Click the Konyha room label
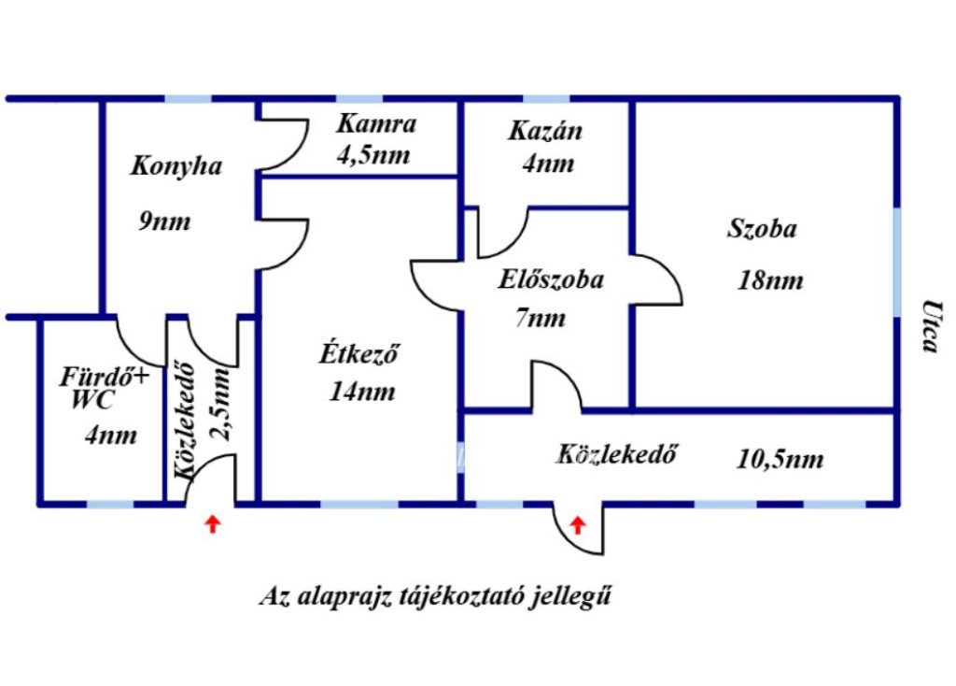pyautogui.click(x=176, y=166)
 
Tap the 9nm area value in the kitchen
pyautogui.click(x=164, y=221)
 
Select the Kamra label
pyautogui.click(x=376, y=124)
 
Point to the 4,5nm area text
pyautogui.click(x=373, y=155)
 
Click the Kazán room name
pyautogui.click(x=545, y=130)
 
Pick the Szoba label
pyautogui.click(x=762, y=228)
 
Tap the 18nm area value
pyautogui.click(x=770, y=280)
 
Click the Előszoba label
pyautogui.click(x=551, y=279)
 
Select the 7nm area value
pyautogui.click(x=541, y=318)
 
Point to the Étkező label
pyautogui.click(x=359, y=353)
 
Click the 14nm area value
pyautogui.click(x=362, y=392)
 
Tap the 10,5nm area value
pyautogui.click(x=780, y=458)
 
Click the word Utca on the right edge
pyautogui.click(x=930, y=326)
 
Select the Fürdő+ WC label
pyautogui.click(x=104, y=388)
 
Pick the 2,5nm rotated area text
pyautogui.click(x=220, y=404)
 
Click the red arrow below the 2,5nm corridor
pyautogui.click(x=212, y=523)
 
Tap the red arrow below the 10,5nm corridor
pyautogui.click(x=577, y=525)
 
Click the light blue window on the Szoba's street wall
pyautogui.click(x=896, y=262)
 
